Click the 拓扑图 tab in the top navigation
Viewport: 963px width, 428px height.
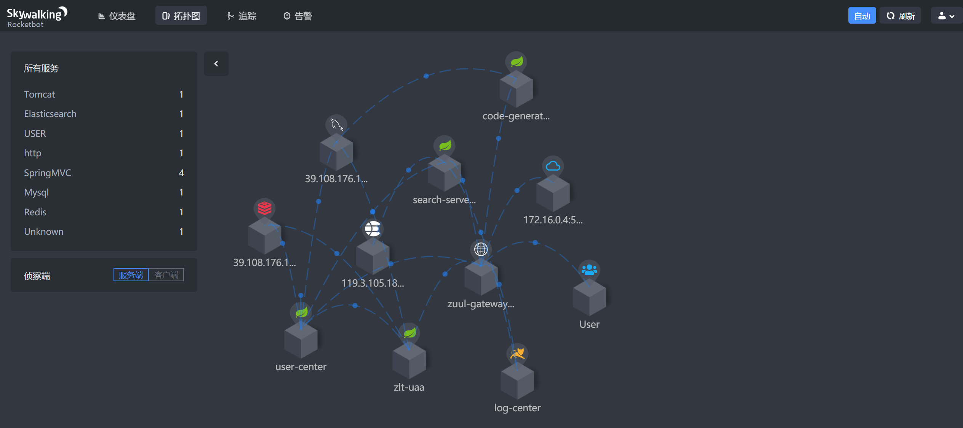pyautogui.click(x=181, y=16)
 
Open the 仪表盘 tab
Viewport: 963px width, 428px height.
pyautogui.click(x=117, y=16)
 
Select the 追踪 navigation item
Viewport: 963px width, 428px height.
pyautogui.click(x=242, y=16)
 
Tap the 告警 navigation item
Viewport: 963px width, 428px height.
pyautogui.click(x=298, y=16)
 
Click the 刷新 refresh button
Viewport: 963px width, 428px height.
pyautogui.click(x=900, y=16)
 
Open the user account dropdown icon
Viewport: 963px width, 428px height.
pyautogui.click(x=946, y=16)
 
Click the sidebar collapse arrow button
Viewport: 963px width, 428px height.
pyautogui.click(x=216, y=64)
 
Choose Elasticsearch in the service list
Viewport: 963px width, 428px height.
pyautogui.click(x=50, y=114)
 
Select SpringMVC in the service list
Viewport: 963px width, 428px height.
pyautogui.click(x=48, y=173)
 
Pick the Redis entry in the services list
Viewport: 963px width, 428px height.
pyautogui.click(x=35, y=212)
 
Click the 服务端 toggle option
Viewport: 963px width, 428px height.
pyautogui.click(x=131, y=275)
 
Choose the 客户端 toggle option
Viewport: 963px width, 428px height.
pyautogui.click(x=166, y=275)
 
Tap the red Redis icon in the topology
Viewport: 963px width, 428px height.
pyautogui.click(x=264, y=208)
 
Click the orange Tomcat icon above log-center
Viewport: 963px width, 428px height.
pyautogui.click(x=517, y=353)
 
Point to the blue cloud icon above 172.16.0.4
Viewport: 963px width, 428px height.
pyautogui.click(x=553, y=166)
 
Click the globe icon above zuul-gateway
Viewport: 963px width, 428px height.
pyautogui.click(x=481, y=249)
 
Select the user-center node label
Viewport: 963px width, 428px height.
pyautogui.click(x=301, y=367)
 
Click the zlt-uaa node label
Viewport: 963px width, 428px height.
pyautogui.click(x=409, y=387)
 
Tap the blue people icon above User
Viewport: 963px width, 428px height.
pyautogui.click(x=589, y=270)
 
